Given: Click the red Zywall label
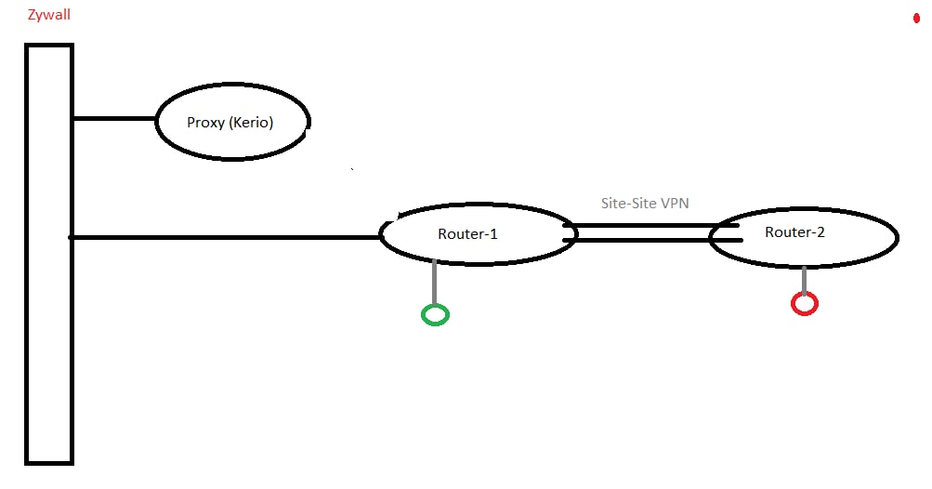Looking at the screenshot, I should (x=49, y=14).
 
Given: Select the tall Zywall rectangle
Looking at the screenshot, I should (x=48, y=253).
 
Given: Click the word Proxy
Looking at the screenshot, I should (x=204, y=122).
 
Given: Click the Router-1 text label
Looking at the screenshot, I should (x=467, y=233).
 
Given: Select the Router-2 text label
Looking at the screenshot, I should (x=794, y=231).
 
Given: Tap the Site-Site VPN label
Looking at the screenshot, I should (x=645, y=204).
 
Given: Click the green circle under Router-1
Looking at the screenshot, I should (x=435, y=315).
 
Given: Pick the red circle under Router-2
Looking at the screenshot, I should (x=804, y=303).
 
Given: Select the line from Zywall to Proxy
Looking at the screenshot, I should (x=114, y=118).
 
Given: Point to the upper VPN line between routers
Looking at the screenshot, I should (x=650, y=225).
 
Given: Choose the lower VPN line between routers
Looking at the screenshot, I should (x=650, y=241).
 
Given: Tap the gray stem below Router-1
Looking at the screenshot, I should (x=434, y=283).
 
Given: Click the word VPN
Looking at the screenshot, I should (x=675, y=204).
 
